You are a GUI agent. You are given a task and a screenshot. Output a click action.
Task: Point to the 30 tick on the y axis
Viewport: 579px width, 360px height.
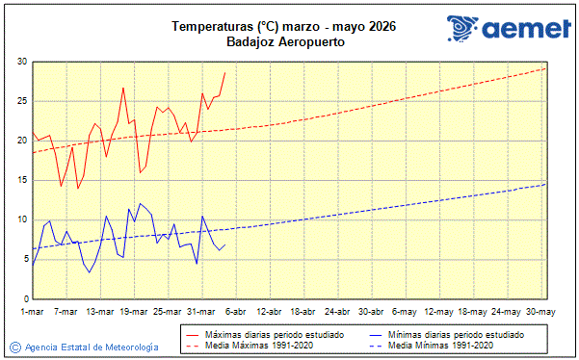(21, 62)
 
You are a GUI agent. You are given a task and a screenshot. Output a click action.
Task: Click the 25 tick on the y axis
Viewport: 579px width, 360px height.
(21, 101)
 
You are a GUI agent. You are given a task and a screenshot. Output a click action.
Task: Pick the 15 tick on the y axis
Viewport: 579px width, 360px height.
(21, 180)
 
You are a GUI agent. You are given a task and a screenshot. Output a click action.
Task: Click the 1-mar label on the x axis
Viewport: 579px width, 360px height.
(33, 312)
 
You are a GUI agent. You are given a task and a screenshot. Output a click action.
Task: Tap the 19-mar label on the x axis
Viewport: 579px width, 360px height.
(134, 312)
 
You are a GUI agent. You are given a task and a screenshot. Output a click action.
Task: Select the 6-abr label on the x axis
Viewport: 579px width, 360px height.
(235, 312)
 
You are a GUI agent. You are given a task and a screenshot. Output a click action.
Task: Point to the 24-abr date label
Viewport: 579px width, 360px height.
(337, 312)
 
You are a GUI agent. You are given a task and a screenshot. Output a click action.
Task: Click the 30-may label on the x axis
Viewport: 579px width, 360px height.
(539, 312)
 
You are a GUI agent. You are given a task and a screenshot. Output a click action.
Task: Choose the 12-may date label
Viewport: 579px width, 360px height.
(438, 312)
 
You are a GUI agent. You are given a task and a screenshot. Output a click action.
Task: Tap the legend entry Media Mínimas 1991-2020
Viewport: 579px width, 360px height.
(441, 344)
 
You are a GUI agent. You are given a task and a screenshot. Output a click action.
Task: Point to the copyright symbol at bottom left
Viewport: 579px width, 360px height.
(15, 347)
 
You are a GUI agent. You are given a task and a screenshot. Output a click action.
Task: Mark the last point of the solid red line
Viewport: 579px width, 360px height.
(224, 72)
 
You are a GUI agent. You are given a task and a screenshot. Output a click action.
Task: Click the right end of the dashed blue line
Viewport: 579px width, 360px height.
(545, 184)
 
